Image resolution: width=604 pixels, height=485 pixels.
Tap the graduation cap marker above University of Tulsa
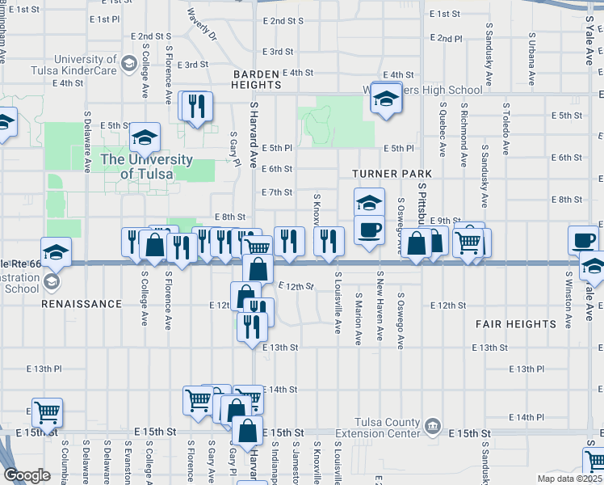[x=145, y=137]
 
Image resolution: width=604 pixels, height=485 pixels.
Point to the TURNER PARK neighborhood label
[x=392, y=174]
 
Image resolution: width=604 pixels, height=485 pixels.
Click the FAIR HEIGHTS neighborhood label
[x=515, y=324]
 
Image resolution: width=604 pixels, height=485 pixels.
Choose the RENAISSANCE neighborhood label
[x=84, y=304]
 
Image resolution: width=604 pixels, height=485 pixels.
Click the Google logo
[x=26, y=474]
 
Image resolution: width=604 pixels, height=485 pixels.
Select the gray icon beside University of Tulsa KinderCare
[x=128, y=64]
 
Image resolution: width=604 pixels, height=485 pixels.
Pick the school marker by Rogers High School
[x=387, y=99]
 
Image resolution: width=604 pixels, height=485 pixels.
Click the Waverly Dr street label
[x=202, y=25]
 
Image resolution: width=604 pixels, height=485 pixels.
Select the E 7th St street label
[x=277, y=192]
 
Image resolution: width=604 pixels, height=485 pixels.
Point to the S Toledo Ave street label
[x=506, y=128]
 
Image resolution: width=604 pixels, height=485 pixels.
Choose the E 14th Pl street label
[x=529, y=417]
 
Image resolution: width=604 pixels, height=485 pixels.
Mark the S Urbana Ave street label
[x=531, y=59]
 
